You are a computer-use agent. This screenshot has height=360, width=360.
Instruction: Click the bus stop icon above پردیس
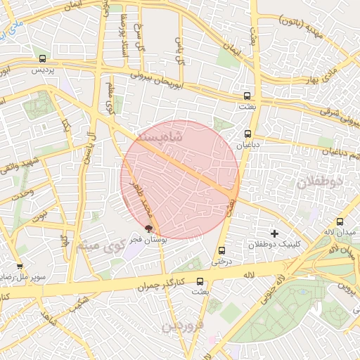44,59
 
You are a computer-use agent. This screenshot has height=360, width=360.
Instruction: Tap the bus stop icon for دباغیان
247,133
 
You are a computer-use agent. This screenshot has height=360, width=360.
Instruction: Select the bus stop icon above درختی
222,250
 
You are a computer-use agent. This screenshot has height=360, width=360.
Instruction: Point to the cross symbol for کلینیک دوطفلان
274,233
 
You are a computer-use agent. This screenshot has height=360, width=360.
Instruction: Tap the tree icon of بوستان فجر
148,228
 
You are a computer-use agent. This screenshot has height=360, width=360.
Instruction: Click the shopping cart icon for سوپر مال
19,266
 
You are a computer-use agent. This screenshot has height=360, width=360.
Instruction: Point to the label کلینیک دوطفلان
274,245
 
